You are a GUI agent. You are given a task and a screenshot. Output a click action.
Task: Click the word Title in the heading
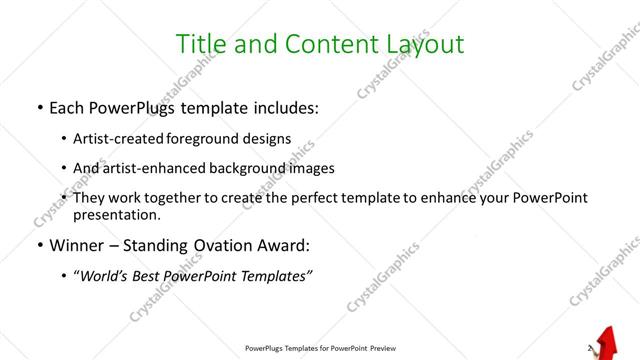[200, 44]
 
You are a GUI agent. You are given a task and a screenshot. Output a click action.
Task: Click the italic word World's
[105, 275]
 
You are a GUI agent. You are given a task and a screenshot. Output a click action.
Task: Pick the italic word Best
[153, 275]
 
